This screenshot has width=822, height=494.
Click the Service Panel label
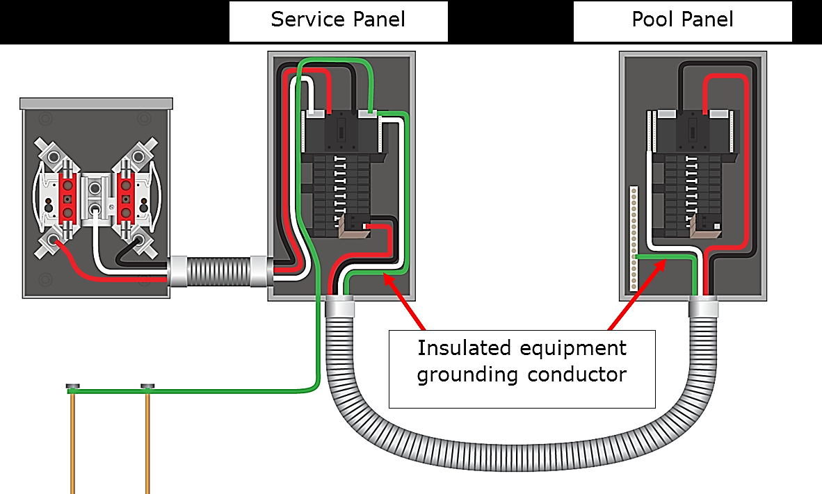pos(338,19)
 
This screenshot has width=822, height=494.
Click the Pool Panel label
pos(682,19)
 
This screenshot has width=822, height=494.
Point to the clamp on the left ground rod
pos(72,386)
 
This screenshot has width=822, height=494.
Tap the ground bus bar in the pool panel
pos(633,236)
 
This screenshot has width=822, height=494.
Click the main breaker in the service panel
pos(342,132)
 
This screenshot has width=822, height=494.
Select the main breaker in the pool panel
pos(692,132)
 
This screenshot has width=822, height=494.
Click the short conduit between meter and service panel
pos(218,272)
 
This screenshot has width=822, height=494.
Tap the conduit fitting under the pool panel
pos(704,306)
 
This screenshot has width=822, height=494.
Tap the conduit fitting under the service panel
pos(341,306)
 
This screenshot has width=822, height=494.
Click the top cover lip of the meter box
pos(96,104)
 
